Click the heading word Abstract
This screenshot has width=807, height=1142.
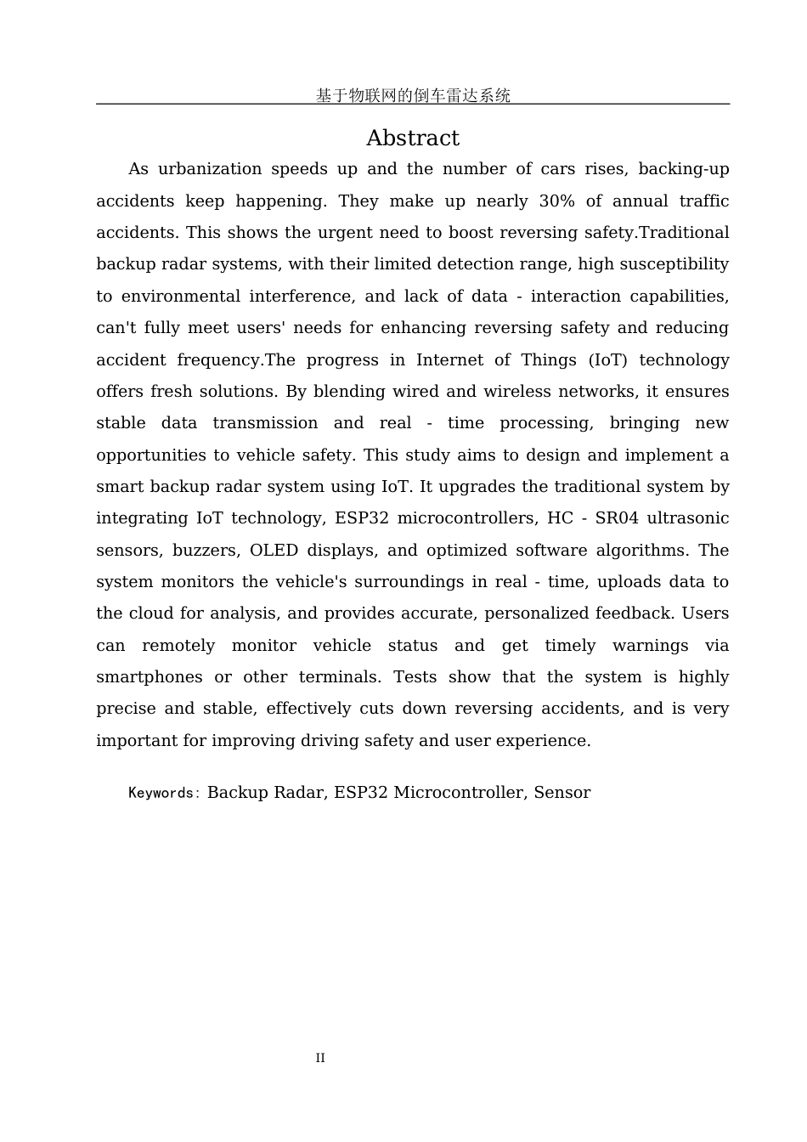(412, 139)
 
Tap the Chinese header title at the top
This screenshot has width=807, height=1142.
(413, 95)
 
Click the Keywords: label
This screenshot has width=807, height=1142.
(164, 793)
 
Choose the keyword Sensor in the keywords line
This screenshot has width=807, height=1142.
(562, 793)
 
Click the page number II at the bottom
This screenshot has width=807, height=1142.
(320, 1058)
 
